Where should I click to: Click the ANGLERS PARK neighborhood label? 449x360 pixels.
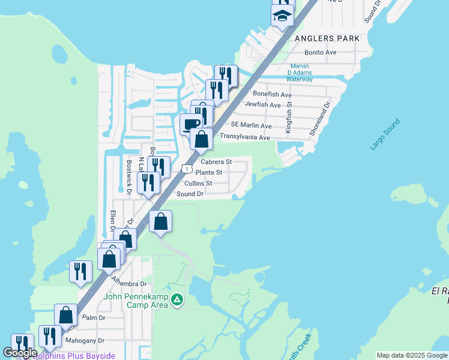[327, 38]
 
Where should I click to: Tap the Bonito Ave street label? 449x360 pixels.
[320, 53]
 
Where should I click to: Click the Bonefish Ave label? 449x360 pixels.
[272, 94]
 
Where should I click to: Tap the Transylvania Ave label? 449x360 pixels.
[244, 137]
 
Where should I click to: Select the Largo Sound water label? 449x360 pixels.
[385, 134]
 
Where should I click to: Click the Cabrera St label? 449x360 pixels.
[216, 162]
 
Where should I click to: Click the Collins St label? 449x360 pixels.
[198, 183]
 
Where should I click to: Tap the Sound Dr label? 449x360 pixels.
[190, 194]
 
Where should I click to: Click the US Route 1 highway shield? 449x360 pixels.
[188, 170]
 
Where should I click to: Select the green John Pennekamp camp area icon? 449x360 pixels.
[177, 299]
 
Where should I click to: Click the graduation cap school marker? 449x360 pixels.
[282, 15]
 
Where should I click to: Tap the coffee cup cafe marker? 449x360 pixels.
[191, 124]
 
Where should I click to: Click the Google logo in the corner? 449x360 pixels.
[20, 353]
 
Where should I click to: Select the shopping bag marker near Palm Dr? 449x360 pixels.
[66, 314]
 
